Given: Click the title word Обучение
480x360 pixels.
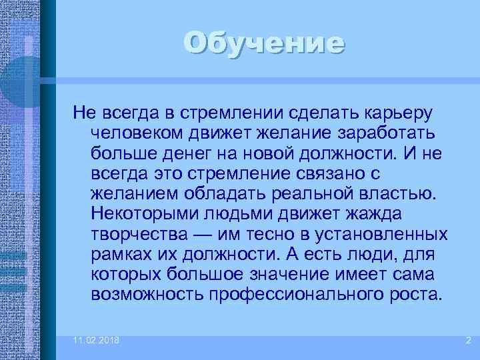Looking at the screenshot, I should (265, 43).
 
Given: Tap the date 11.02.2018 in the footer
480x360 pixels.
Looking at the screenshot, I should (97, 341).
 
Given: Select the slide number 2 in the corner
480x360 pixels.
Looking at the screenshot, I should (468, 341).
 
